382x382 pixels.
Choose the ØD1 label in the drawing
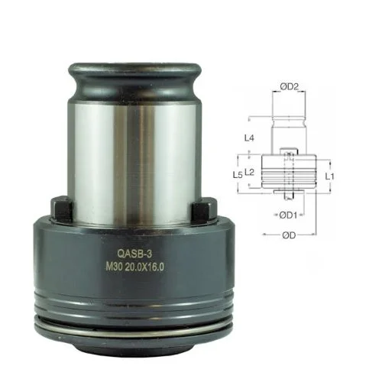click(x=289, y=214)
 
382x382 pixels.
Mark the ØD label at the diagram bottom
click(x=290, y=235)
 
